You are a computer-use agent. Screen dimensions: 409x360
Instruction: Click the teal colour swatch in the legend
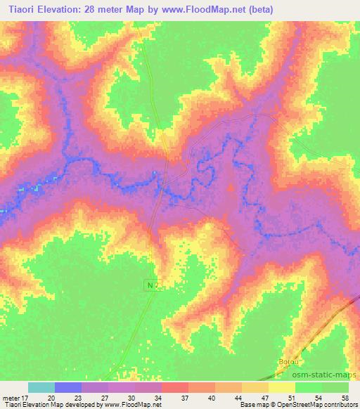(x=41, y=387)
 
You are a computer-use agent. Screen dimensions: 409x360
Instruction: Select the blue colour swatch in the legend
(x=68, y=387)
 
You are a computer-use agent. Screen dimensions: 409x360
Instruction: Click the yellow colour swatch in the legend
(x=282, y=387)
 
